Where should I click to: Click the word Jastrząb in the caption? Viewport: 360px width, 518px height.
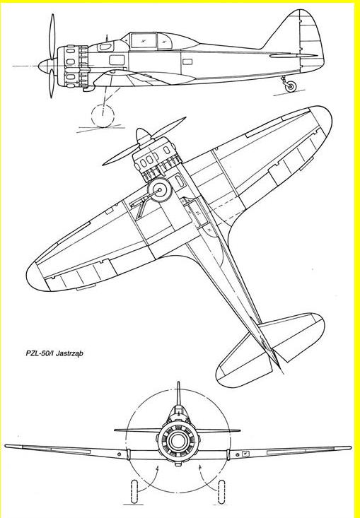click(69, 353)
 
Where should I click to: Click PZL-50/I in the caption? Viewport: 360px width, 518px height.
click(40, 353)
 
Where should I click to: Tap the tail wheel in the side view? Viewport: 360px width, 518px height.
click(291, 86)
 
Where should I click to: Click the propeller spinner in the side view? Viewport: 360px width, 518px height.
click(47, 66)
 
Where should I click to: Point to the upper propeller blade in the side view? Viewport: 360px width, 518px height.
click(52, 36)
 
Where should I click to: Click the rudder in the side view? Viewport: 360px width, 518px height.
click(311, 40)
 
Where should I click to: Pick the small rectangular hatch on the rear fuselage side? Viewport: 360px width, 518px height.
click(187, 61)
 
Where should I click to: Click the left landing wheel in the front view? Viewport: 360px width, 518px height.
click(134, 492)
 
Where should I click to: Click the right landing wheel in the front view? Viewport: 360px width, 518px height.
click(221, 492)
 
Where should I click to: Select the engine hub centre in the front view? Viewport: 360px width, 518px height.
click(178, 440)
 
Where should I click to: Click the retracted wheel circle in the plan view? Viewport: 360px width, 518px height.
click(160, 190)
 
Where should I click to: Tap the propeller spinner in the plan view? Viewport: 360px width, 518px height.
click(143, 136)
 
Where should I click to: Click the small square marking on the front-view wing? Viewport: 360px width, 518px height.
click(245, 454)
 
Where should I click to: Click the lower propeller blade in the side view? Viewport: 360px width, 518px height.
click(52, 83)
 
